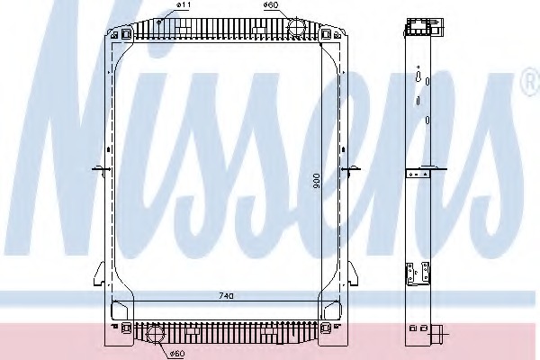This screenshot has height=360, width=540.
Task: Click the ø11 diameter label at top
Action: click(x=183, y=6)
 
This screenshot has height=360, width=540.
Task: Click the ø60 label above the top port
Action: click(x=270, y=6)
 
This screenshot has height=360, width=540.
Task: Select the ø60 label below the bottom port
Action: click(x=177, y=353)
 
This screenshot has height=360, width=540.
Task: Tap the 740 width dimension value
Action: click(x=226, y=294)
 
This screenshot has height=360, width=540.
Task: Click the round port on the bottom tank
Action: click(x=155, y=334)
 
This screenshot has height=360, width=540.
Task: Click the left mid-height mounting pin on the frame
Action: click(x=100, y=169)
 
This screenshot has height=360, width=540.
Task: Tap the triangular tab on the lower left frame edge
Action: click(x=99, y=270)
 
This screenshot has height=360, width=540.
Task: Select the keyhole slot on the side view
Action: click(x=419, y=79)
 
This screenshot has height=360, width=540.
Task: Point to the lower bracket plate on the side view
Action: click(x=415, y=270)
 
